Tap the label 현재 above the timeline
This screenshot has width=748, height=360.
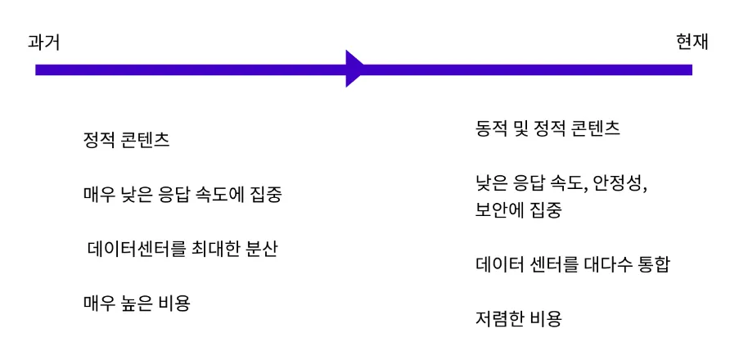tap(692, 43)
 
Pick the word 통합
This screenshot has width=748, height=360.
tap(652, 265)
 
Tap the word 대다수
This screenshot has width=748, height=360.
tap(609, 265)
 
